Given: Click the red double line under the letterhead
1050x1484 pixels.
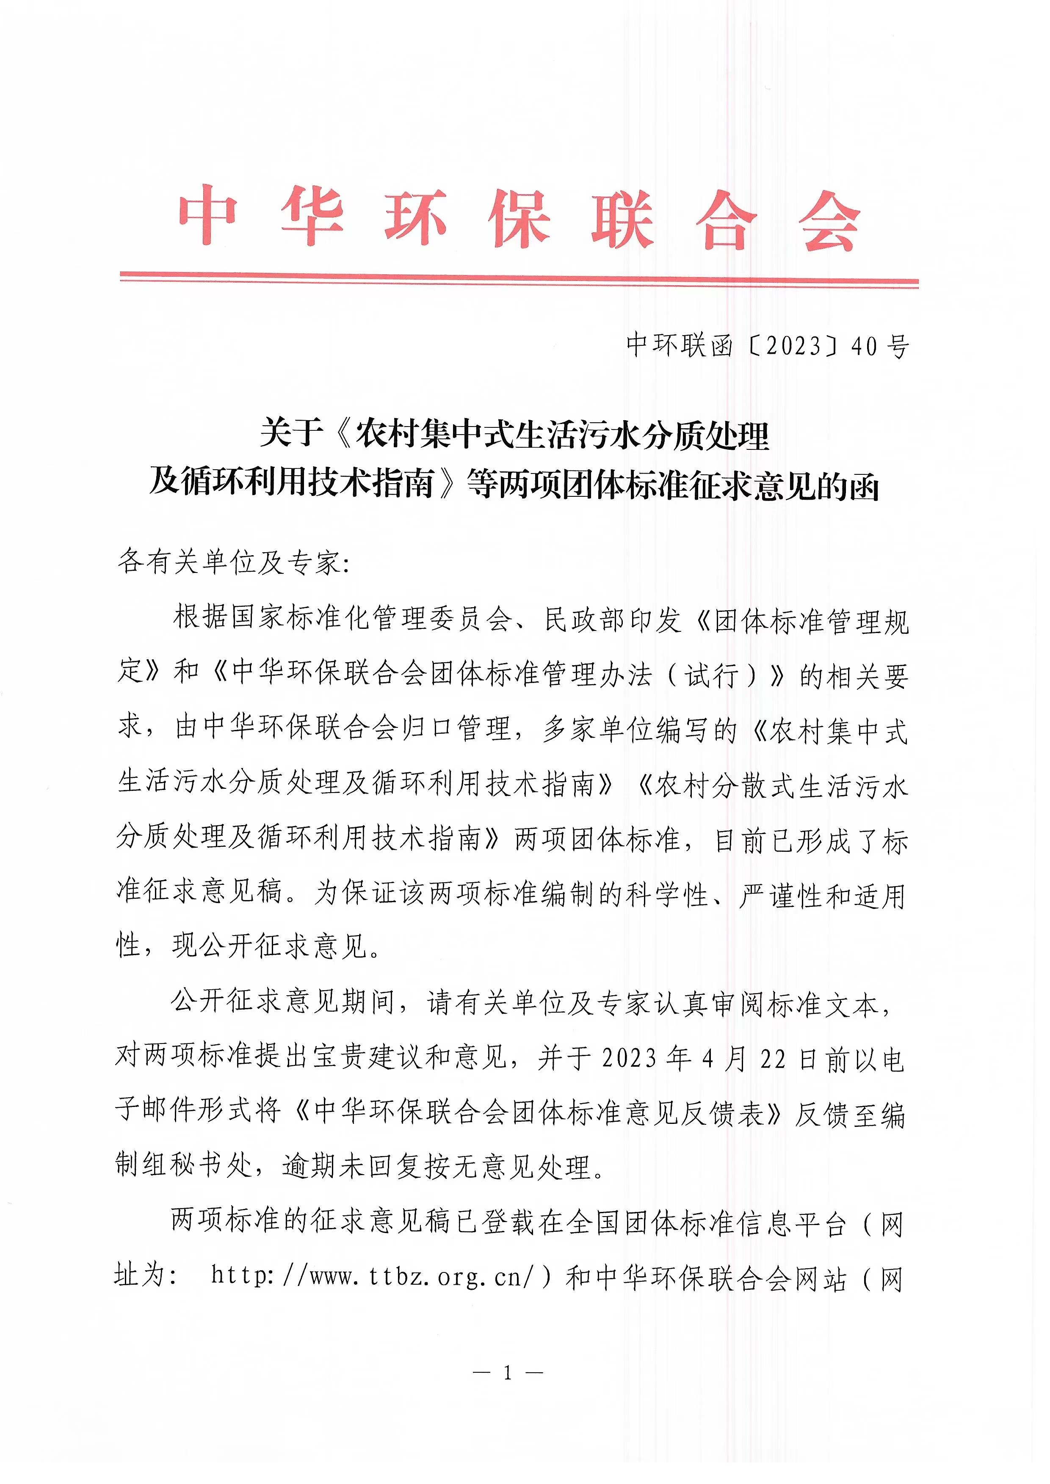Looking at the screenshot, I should [x=519, y=279].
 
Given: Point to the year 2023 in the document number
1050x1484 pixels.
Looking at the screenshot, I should [x=793, y=347].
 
